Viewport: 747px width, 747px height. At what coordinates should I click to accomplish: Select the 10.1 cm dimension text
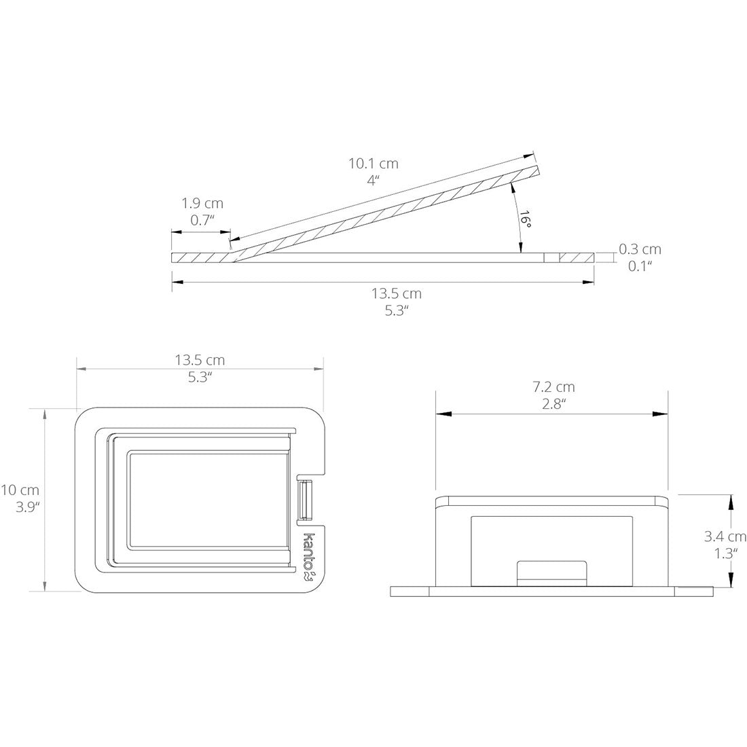pyautogui.click(x=373, y=164)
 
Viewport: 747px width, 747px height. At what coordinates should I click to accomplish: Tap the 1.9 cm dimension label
pyautogui.click(x=202, y=203)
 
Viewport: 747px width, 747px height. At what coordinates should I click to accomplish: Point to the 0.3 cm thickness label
pyautogui.click(x=639, y=250)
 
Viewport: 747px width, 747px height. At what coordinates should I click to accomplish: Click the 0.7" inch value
pyautogui.click(x=202, y=219)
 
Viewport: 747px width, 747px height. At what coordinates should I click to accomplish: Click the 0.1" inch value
pyautogui.click(x=639, y=266)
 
